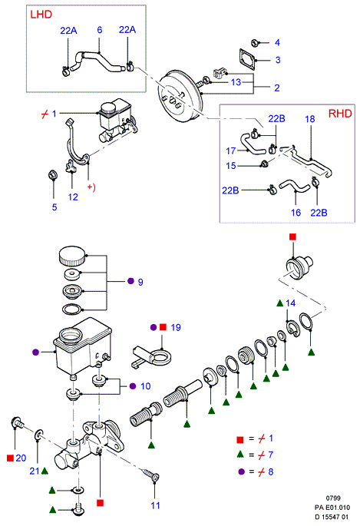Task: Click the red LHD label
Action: pos(41,15)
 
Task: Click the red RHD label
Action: pos(340,114)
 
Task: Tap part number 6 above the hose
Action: pos(100,30)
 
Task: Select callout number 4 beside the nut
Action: pos(277,42)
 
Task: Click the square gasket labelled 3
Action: pos(248,59)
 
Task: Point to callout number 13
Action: pos(236,82)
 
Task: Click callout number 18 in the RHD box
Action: pos(310,119)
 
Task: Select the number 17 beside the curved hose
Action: pos(230,151)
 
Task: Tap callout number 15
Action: pos(231,166)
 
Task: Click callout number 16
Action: pos(296,213)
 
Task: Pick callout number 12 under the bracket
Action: pos(73,197)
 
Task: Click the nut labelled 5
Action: pos(53,175)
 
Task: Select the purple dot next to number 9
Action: pos(130,281)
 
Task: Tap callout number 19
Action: pos(176,327)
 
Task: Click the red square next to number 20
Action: pos(10,458)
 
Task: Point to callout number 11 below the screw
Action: pos(155,505)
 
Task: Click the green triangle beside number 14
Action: pos(280,303)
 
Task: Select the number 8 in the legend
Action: pos(271,471)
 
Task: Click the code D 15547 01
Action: pos(332,517)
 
